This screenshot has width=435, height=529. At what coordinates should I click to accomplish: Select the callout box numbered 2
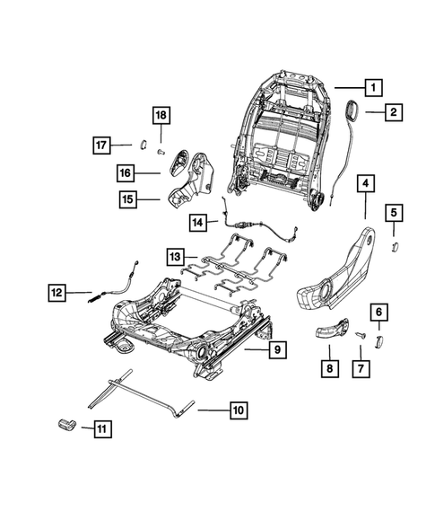point(394,112)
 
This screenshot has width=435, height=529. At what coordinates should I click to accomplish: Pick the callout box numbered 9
point(277,348)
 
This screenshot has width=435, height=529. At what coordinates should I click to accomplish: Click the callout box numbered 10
point(238,411)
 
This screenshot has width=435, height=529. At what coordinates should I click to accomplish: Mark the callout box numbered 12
point(57,291)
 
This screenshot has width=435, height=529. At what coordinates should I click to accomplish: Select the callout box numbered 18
point(160,116)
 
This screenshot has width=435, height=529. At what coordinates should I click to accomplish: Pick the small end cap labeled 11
point(68,425)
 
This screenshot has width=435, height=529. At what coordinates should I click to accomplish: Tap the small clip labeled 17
point(142,142)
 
